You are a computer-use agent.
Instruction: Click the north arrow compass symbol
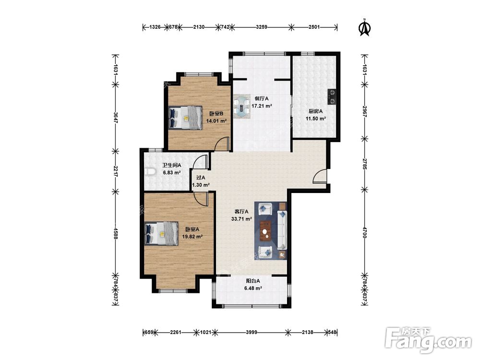coord(364,28)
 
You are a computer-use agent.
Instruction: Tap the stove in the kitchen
coord(332,97)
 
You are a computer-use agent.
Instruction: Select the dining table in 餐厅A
coord(242,107)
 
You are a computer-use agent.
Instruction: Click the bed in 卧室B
coord(185,118)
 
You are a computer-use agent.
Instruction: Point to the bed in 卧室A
coord(161,234)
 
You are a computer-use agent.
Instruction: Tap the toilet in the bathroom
coord(149,172)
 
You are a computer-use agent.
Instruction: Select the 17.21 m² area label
coord(262,106)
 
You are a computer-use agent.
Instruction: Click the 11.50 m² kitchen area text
coord(316,119)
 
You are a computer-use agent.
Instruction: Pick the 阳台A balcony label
coord(253,281)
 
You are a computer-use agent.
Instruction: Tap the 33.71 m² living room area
coord(241,219)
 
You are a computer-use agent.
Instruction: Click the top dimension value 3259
coord(262,27)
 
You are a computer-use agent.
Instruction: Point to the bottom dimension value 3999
coord(251,332)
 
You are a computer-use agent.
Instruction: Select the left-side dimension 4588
coord(115,233)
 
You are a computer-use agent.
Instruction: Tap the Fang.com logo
coord(428,339)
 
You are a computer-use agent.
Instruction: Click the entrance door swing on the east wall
coord(320,176)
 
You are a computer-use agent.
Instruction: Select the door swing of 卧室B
coord(222,144)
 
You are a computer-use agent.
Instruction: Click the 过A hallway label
coord(201,178)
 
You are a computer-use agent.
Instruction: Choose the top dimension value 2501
coord(314,27)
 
